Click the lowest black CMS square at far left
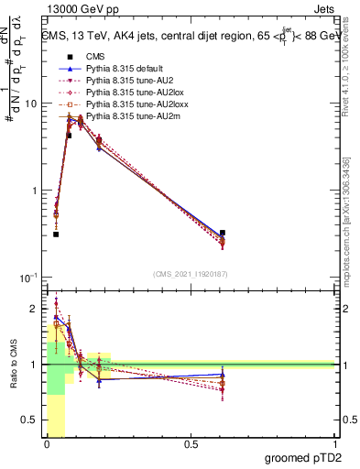pos(56,234)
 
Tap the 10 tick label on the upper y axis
pos(31,104)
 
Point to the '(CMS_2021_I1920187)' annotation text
pos(191,274)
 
